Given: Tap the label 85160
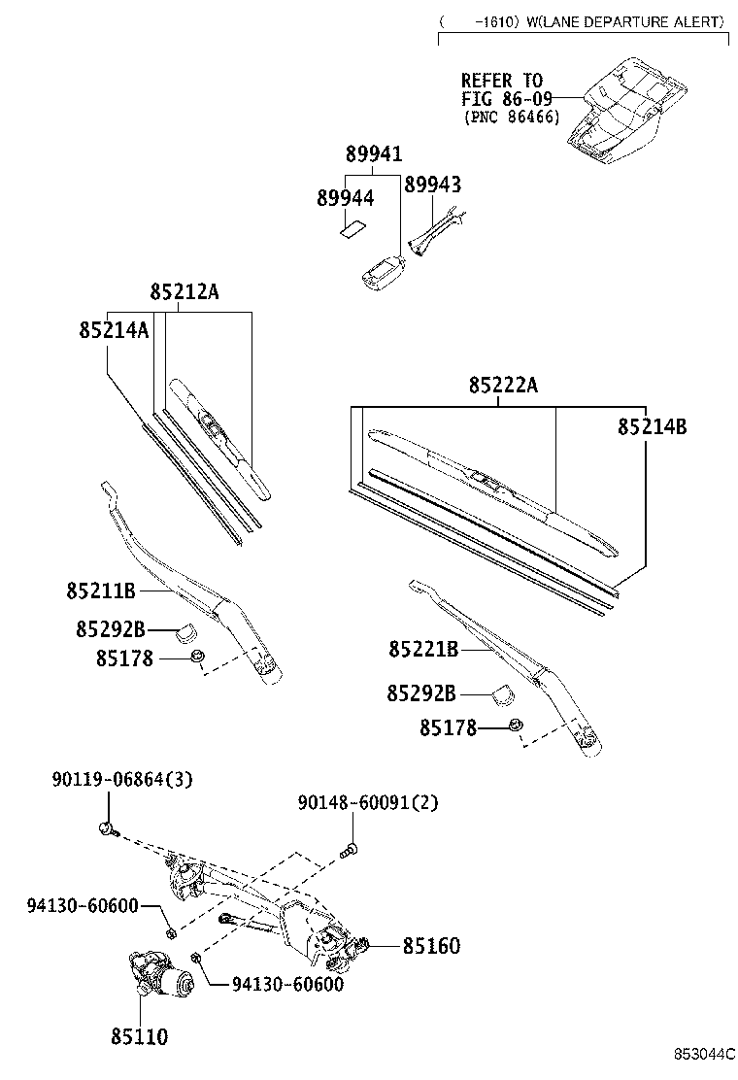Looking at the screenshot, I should point(431,945).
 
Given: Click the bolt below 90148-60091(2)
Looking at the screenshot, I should point(351,851).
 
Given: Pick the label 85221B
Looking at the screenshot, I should point(422,649).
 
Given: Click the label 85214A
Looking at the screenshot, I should point(114,330).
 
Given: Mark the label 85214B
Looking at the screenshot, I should point(652,425).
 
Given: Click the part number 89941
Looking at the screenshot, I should point(374,154).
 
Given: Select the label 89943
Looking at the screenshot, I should point(432,185).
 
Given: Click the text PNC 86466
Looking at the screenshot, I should point(511,117).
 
